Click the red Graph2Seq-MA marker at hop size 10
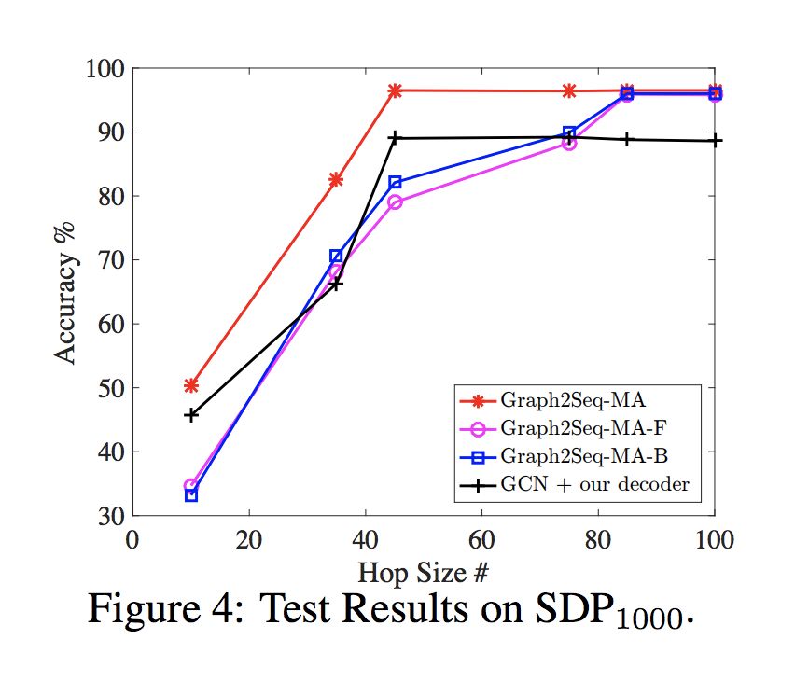191,385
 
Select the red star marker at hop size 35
336,179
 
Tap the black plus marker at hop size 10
191,414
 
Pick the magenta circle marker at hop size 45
395,202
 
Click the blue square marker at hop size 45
395,183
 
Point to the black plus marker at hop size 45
395,138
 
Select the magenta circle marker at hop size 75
569,143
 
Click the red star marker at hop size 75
569,90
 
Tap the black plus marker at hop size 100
715,141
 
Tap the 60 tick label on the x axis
481,540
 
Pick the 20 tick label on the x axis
249,540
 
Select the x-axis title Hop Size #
425,569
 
